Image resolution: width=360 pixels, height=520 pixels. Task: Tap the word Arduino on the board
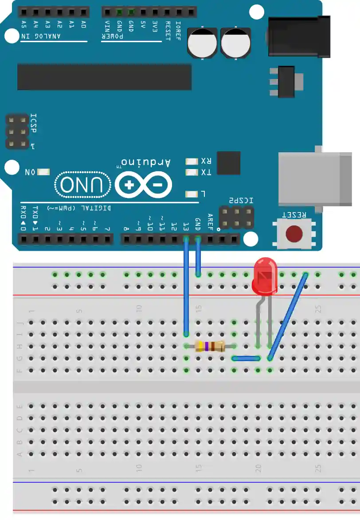coord(146,162)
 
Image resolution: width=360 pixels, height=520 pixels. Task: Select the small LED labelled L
coord(192,194)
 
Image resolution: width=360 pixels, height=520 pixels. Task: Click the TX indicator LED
coord(192,172)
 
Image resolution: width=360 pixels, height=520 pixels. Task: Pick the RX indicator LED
coord(192,162)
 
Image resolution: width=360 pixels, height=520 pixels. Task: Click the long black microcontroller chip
coord(104,77)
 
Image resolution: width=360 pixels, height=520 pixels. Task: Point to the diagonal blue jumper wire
coord(288,316)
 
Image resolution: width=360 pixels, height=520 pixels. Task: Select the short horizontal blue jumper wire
coord(246,358)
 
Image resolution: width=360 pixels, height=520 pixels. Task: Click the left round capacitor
coord(202,43)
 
